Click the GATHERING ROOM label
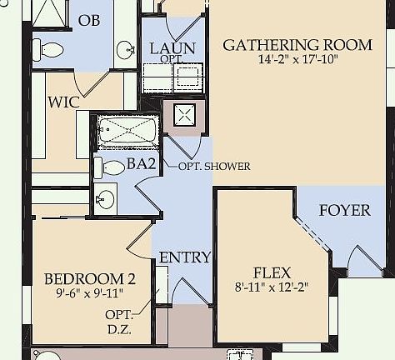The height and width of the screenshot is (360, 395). (297, 45)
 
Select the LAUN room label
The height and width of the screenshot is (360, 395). (172, 48)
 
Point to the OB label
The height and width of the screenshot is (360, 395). (88, 19)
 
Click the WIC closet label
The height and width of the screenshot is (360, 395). (63, 102)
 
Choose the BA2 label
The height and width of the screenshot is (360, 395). (141, 164)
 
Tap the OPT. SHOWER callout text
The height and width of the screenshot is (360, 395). (214, 166)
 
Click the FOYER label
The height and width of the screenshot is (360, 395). (344, 210)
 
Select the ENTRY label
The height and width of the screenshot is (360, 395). (184, 257)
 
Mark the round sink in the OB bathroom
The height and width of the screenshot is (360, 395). (126, 50)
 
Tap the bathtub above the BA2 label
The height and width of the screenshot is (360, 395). (126, 132)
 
